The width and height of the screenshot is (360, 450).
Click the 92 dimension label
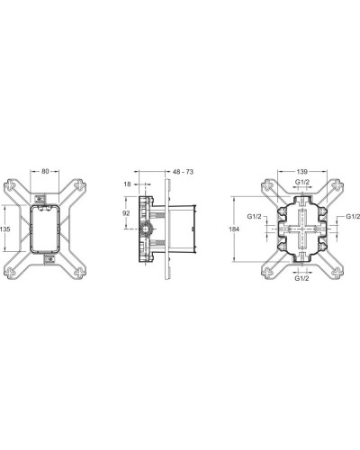tap(127, 214)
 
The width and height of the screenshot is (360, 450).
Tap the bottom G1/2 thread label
tap(304, 278)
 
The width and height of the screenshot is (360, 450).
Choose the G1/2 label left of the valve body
tap(255, 216)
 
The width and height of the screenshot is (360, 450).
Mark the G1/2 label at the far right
tap(351, 216)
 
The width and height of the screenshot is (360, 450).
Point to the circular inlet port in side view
tap(146, 229)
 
